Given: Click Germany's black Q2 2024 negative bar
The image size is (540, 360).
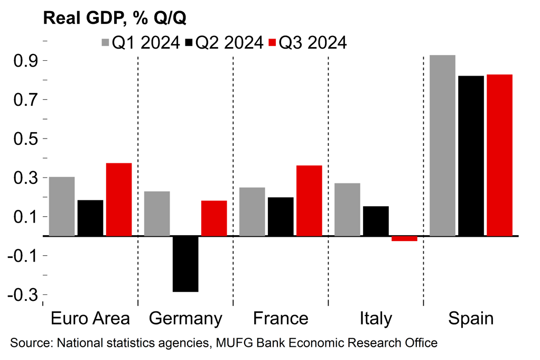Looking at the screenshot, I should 185,263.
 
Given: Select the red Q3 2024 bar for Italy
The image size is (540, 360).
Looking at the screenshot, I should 404,238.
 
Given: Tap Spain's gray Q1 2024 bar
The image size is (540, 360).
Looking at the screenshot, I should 442,145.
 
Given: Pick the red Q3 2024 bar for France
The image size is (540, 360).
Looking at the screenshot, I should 309,200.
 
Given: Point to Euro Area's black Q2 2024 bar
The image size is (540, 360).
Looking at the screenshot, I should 90,218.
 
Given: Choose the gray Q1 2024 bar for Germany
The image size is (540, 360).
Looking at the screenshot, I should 157,214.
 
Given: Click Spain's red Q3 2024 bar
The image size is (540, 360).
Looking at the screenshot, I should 499,155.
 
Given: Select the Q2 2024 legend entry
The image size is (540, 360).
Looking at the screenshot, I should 224,43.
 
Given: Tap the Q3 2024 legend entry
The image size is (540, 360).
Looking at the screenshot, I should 308,43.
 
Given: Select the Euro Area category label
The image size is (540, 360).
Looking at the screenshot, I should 90,319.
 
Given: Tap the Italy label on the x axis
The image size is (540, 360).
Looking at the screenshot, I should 376,319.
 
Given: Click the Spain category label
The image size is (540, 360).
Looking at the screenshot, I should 471,319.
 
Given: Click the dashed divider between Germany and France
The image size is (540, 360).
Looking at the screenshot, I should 233,180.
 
